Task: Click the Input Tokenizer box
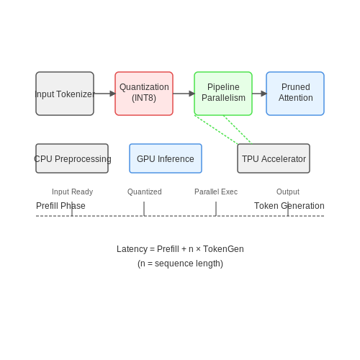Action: [65, 94]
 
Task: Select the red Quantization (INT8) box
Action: [144, 94]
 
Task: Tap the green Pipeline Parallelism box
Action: [223, 94]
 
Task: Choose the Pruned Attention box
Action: [295, 94]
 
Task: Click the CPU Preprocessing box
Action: [72, 158]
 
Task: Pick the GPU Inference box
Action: [166, 158]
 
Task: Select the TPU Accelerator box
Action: [274, 158]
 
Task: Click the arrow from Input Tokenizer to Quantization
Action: [104, 94]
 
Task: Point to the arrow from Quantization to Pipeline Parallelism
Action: [184, 94]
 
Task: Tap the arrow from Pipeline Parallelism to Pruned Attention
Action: [259, 94]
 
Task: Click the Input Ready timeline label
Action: [72, 192]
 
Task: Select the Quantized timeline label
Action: [145, 192]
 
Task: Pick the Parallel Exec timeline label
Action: [216, 192]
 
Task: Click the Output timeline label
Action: [288, 192]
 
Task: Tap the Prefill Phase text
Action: [60, 206]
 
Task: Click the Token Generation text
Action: [289, 206]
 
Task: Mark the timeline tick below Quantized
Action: [144, 209]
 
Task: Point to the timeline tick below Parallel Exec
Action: [216, 209]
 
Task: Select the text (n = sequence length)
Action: [180, 264]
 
